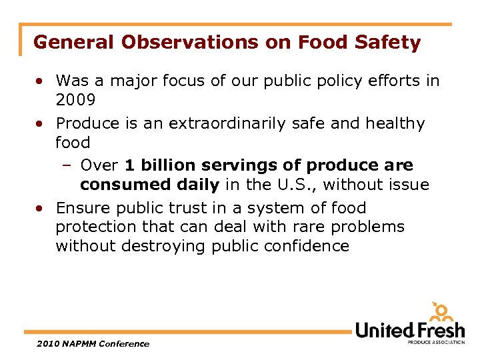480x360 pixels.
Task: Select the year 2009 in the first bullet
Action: tap(76, 100)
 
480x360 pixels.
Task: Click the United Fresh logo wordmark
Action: tap(409, 330)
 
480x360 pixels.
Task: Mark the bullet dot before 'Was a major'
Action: tap(41, 81)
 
